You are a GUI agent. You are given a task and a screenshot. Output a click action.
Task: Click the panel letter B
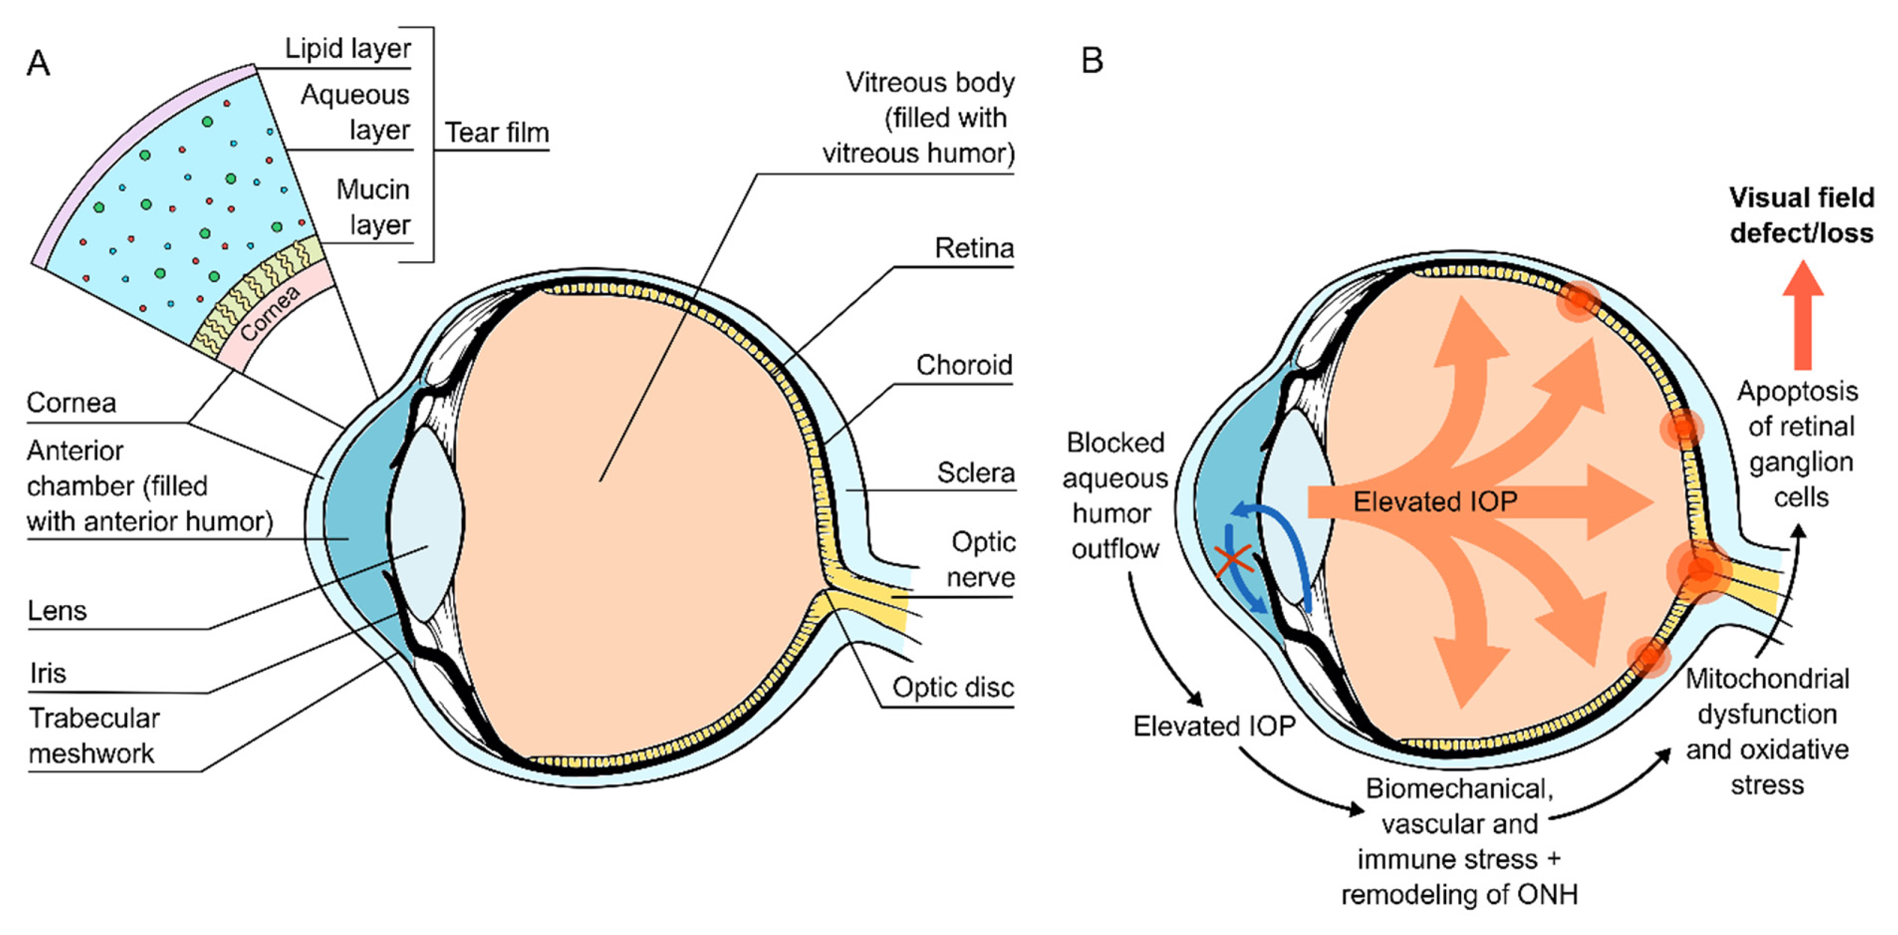[1092, 60]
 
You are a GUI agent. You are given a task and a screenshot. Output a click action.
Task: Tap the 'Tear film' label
[497, 133]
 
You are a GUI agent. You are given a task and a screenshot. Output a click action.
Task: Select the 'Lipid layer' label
[348, 48]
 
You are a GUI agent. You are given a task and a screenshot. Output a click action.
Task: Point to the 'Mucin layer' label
[373, 207]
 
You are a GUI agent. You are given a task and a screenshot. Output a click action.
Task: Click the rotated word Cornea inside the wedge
[270, 314]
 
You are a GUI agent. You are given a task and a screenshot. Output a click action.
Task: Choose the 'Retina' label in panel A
[974, 248]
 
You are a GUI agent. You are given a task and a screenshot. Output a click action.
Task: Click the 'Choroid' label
[964, 365]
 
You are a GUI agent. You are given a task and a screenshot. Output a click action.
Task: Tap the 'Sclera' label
[975, 472]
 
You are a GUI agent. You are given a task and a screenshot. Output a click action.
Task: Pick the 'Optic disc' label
[953, 687]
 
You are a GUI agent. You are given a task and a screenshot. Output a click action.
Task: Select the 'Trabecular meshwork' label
[94, 735]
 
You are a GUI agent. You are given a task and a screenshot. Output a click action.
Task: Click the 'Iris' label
[48, 673]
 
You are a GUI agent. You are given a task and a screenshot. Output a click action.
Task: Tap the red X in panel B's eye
[1233, 561]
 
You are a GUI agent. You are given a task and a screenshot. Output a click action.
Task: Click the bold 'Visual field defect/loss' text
[1801, 215]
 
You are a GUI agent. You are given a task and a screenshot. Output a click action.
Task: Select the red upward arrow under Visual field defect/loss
[1803, 314]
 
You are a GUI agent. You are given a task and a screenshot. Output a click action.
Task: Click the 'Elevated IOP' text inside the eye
[1435, 502]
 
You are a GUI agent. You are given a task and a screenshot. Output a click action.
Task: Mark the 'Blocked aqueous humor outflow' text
[1115, 495]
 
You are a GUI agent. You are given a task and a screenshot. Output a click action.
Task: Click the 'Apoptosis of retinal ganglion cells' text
[1799, 444]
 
